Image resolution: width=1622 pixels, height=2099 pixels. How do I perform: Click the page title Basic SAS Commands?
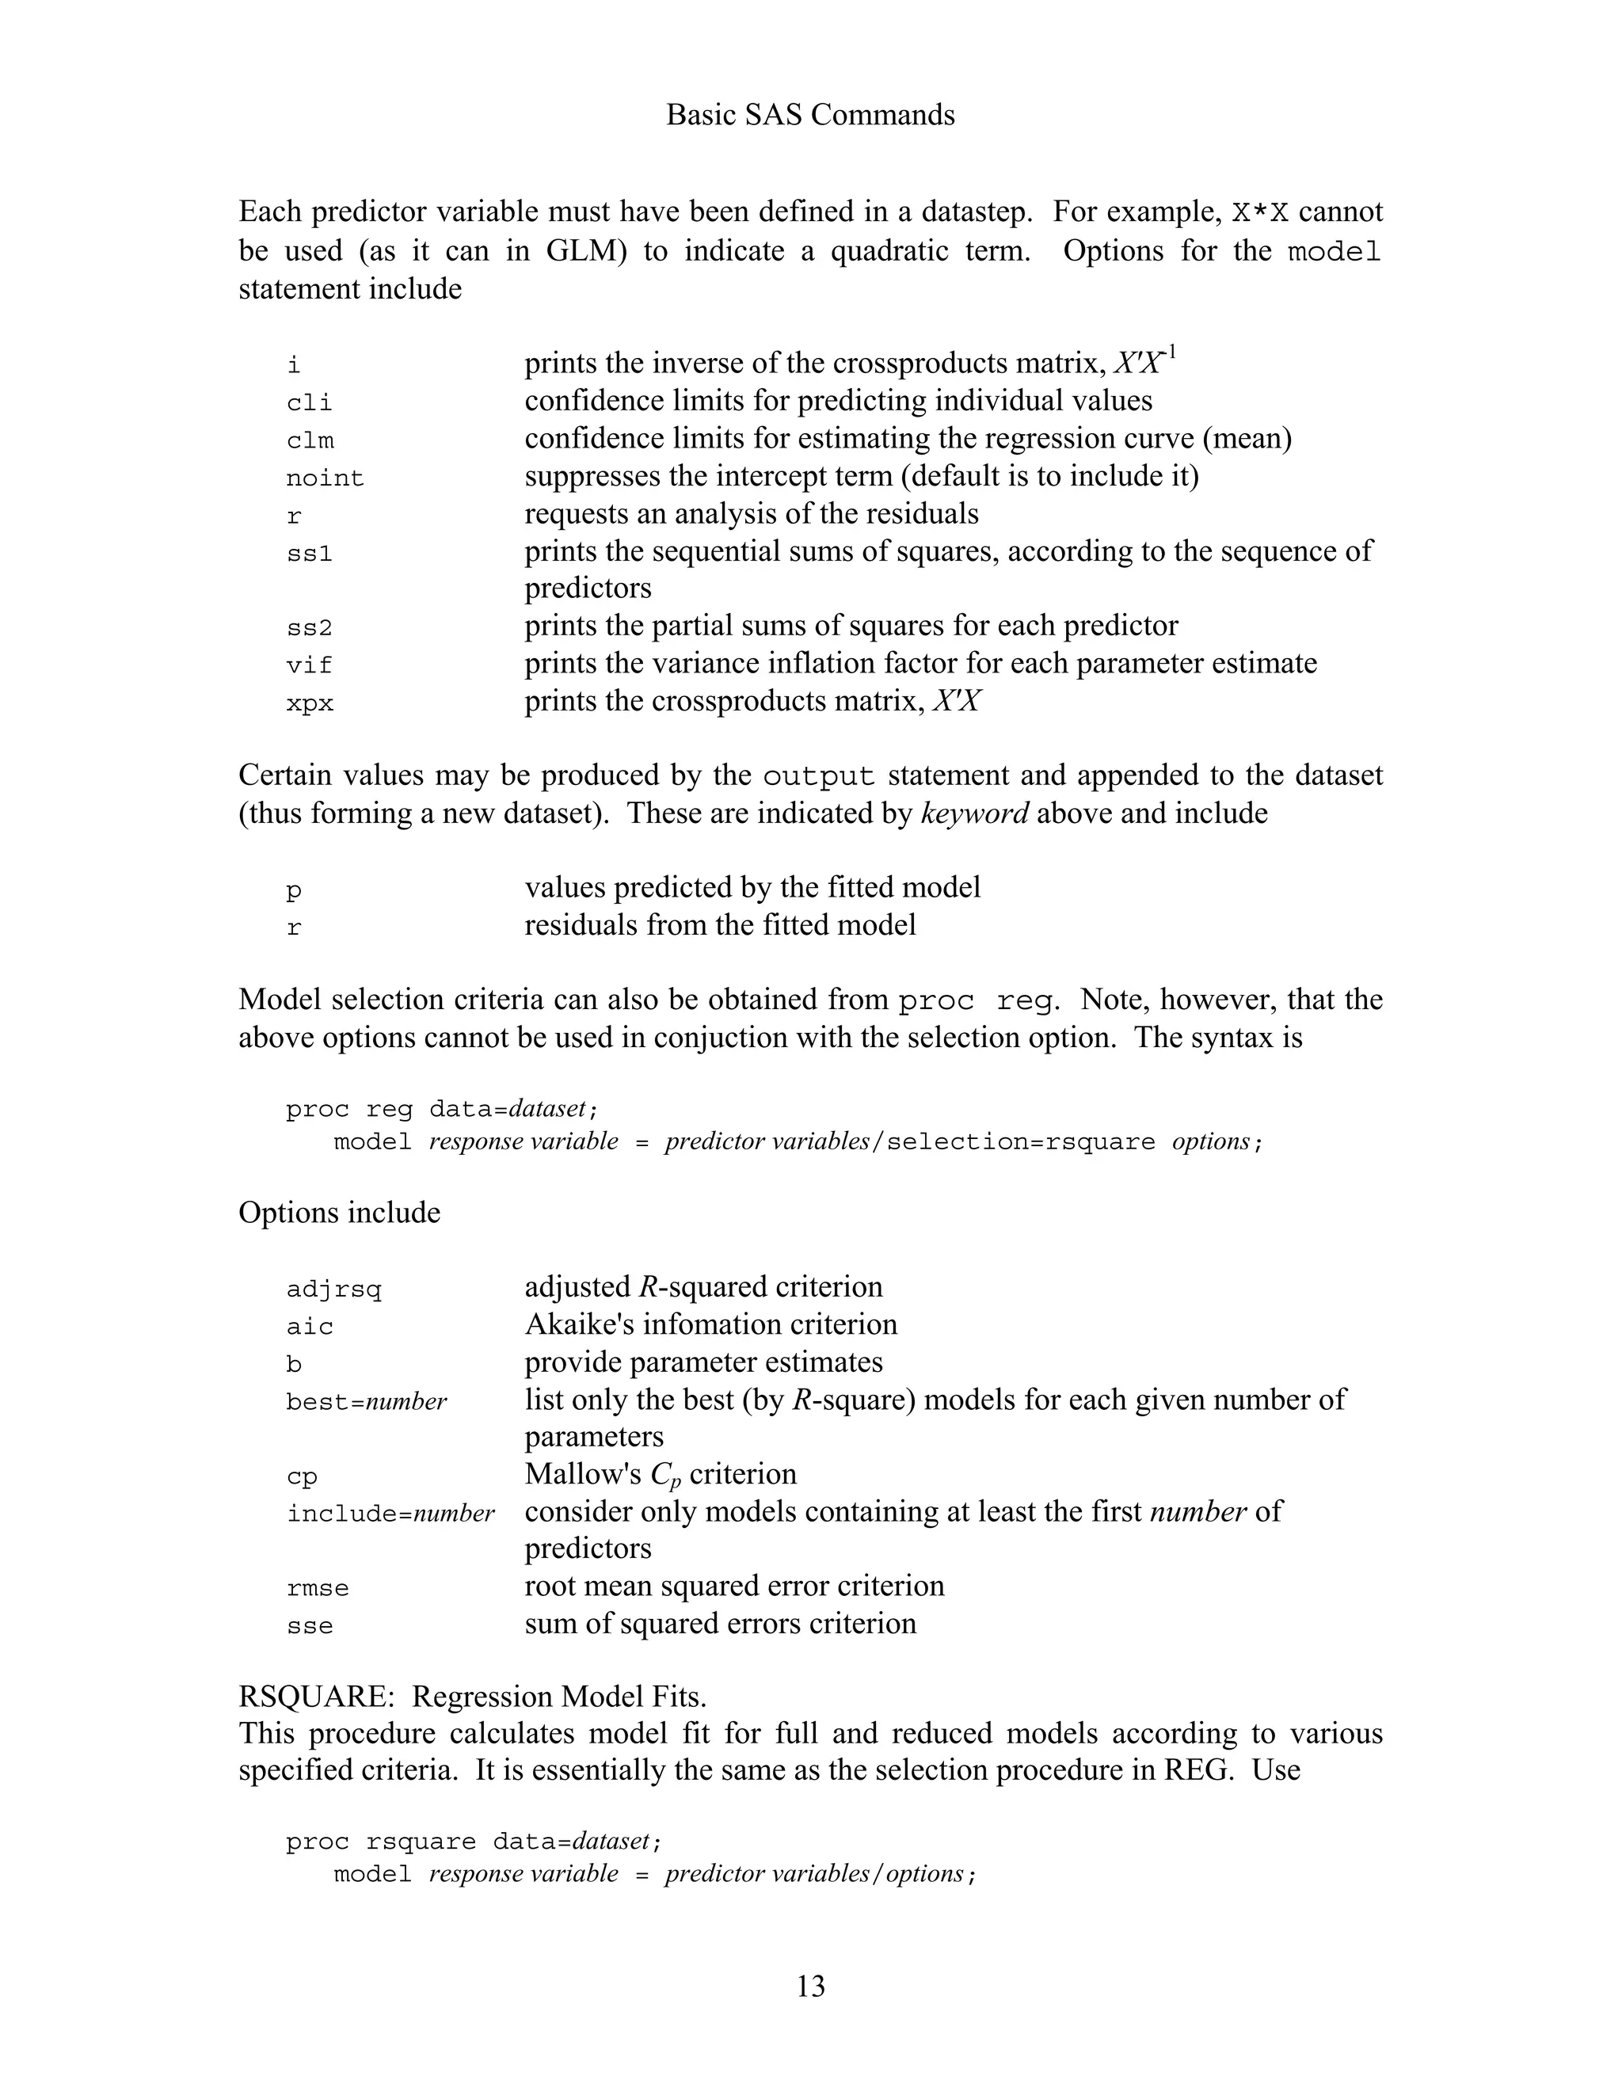click(810, 116)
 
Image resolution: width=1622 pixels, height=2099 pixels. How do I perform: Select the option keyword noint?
click(325, 478)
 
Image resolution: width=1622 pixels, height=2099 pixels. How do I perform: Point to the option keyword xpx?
click(310, 703)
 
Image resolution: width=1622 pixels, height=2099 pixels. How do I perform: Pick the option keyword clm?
click(310, 440)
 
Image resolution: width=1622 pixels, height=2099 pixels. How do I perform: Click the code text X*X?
click(1260, 212)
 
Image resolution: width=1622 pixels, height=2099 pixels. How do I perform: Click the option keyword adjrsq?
click(333, 1289)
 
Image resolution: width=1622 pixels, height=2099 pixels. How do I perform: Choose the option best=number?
click(366, 1402)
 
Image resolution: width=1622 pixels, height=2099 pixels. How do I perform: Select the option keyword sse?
click(310, 1626)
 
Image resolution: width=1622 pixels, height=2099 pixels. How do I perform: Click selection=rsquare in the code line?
click(1020, 1143)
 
